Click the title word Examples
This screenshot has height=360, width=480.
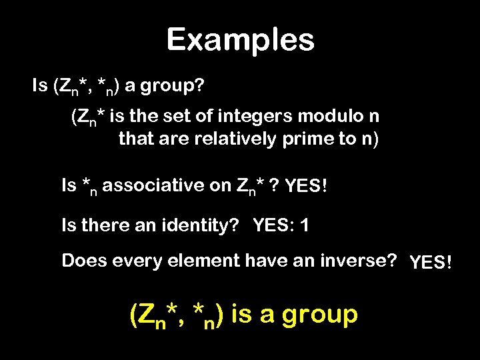pyautogui.click(x=240, y=39)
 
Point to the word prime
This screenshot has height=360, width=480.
pyautogui.click(x=285, y=140)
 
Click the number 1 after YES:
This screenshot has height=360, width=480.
pyautogui.click(x=304, y=225)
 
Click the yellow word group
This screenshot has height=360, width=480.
pyautogui.click(x=319, y=314)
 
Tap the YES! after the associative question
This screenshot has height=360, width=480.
pyautogui.click(x=305, y=187)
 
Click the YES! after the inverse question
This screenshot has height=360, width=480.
pyautogui.click(x=431, y=263)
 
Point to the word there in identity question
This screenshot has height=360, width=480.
pyautogui.click(x=102, y=225)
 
